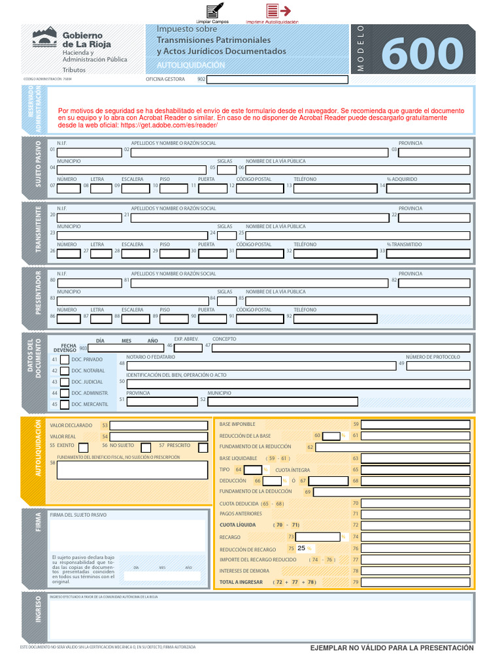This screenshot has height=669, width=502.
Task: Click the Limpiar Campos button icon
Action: tap(214, 11)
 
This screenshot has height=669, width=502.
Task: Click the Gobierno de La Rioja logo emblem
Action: tap(44, 37)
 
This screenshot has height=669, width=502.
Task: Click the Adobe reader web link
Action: tap(169, 125)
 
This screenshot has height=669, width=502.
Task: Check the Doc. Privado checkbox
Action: tap(65, 359)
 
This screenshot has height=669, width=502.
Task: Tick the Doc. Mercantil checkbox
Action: tap(65, 404)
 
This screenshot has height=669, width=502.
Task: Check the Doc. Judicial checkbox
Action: tap(65, 382)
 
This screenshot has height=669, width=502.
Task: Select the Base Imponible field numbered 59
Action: tap(415, 425)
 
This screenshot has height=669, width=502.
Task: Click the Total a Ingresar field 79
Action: tap(415, 582)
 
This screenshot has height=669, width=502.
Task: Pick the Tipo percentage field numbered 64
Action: tap(253, 470)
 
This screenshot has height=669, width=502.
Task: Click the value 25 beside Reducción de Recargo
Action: tap(301, 549)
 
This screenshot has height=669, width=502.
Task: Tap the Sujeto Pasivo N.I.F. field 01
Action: tap(89, 153)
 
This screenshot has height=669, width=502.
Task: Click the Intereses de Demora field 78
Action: tap(415, 570)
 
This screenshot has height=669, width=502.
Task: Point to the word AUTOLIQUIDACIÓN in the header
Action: tap(191, 65)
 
